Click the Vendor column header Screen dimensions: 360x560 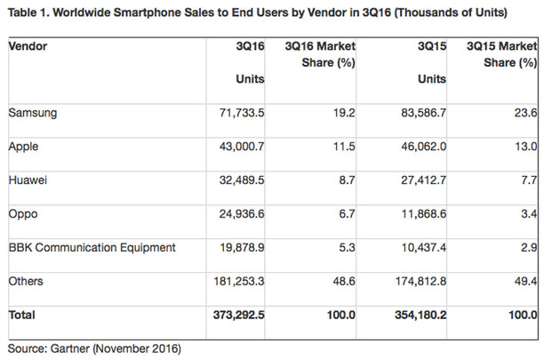pyautogui.click(x=28, y=45)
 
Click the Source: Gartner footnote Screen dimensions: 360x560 pyautogui.click(x=93, y=348)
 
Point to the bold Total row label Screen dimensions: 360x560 pyautogui.click(x=22, y=315)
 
